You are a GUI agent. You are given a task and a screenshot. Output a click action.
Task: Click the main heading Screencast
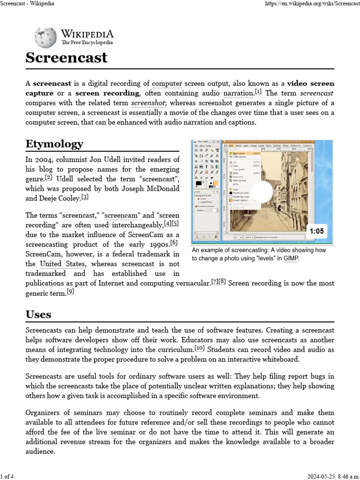coord(66,58)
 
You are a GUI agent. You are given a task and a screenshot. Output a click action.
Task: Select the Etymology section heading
coord(54,143)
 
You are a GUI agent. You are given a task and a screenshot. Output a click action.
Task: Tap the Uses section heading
coord(38,314)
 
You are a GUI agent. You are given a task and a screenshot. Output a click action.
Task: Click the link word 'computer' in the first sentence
coord(167,83)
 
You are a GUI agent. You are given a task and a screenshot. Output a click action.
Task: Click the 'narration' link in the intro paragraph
coord(238,93)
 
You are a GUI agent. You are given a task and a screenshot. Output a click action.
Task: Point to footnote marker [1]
coord(258,91)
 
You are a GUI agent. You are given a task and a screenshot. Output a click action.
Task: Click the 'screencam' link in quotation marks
coord(121,215)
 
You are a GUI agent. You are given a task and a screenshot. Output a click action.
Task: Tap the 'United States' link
coord(62,264)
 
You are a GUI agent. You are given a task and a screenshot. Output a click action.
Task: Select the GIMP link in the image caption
coord(291,258)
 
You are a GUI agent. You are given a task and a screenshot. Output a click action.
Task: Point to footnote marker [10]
coord(200,348)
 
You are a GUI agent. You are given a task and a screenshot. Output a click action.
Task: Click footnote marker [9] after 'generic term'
coord(70,291)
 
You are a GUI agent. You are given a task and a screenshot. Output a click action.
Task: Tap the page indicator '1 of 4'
coord(7,477)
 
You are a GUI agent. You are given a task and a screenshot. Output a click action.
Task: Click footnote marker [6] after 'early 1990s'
coord(174,242)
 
